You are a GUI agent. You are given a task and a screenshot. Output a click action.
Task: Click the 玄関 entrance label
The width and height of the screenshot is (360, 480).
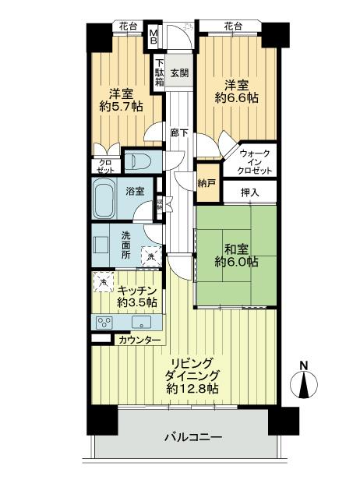[x=180, y=72]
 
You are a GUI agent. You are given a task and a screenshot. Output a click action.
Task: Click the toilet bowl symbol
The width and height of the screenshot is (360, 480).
[x=141, y=161]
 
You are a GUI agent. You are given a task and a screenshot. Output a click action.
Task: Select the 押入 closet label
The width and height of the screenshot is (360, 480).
[x=249, y=192]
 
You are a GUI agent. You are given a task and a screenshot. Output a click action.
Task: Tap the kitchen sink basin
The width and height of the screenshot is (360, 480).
[x=142, y=322]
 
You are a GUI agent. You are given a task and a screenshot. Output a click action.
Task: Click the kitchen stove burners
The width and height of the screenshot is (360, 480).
[x=104, y=321]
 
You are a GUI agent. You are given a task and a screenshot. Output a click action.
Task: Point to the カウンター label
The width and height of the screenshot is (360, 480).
[x=140, y=341]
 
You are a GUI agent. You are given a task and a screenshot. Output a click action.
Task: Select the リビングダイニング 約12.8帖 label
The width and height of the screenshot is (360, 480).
[x=191, y=375]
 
